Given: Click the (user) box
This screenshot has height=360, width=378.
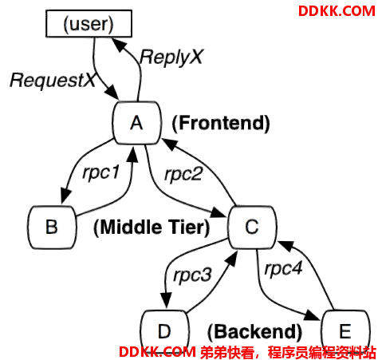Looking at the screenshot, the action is (89, 23).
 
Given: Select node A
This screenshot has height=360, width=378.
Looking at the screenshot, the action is (137, 123).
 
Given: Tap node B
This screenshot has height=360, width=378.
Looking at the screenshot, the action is (52, 227).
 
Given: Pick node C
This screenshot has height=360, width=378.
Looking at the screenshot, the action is (252, 227).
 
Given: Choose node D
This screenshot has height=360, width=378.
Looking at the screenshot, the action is (164, 332).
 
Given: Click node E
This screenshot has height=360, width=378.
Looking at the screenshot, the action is (345, 332).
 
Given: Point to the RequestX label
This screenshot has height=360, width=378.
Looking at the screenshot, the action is (53, 80).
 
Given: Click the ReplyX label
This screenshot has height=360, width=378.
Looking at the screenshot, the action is (171, 57).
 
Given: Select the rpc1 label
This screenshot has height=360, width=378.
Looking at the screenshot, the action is (100, 173).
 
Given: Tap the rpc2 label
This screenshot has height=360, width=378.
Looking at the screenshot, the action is (183, 175).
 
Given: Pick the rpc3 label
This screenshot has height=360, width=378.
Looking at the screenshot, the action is (192, 275).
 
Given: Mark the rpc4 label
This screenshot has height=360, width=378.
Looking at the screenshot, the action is (283, 268).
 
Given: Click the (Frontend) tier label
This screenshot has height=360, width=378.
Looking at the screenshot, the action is (221, 123).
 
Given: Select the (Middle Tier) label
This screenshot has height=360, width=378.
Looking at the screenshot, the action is (152, 227).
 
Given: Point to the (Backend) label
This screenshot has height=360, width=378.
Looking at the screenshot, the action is (254, 332).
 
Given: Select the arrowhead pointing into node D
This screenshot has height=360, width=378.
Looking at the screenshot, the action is (166, 300).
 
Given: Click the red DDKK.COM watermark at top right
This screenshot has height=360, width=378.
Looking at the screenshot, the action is (337, 11).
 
